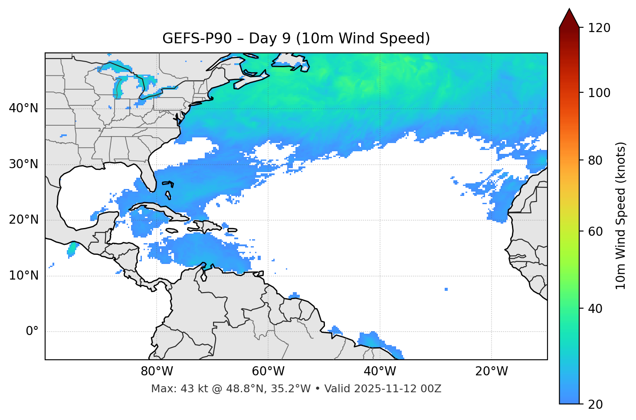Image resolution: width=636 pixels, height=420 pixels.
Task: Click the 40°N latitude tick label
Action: pyautogui.click(x=23, y=108)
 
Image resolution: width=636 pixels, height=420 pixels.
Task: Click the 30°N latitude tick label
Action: pyautogui.click(x=23, y=164)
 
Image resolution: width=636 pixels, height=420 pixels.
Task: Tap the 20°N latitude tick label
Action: pyautogui.click(x=23, y=220)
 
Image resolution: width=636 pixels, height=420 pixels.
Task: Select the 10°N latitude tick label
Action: pyautogui.click(x=23, y=276)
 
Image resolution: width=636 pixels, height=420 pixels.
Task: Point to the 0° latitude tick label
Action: pyautogui.click(x=32, y=331)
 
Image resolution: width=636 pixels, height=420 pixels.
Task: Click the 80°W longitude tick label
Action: pyautogui.click(x=157, y=371)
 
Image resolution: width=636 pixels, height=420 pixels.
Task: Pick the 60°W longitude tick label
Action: pyautogui.click(x=268, y=371)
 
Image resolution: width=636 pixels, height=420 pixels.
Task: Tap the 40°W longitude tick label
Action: pyautogui.click(x=380, y=371)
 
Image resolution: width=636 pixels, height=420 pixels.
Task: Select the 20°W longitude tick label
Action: pyautogui.click(x=491, y=371)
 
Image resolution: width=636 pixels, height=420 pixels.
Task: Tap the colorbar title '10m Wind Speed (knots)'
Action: pyautogui.click(x=621, y=215)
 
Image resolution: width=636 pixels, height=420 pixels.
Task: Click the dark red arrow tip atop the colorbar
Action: pyautogui.click(x=569, y=17)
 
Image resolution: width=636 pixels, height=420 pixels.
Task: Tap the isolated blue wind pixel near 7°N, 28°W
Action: pyautogui.click(x=446, y=289)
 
